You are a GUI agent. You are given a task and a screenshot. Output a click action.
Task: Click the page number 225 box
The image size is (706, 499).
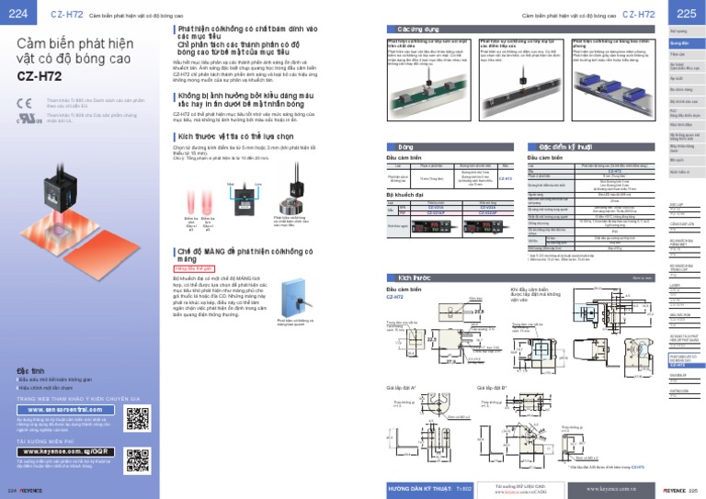click(x=686, y=13)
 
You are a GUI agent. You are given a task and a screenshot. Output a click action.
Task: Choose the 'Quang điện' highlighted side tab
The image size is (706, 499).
click(x=680, y=42)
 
